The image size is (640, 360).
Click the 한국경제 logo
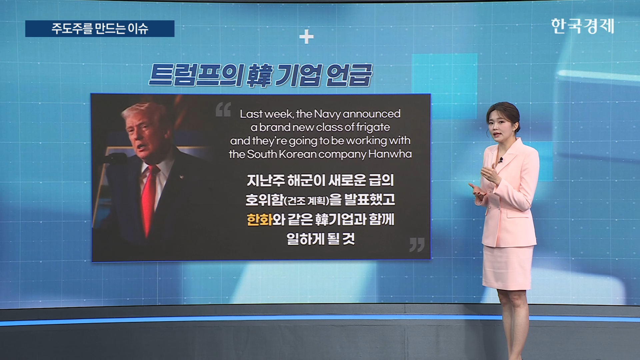pyautogui.click(x=582, y=26)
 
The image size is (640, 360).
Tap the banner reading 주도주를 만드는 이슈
pyautogui.click(x=100, y=29)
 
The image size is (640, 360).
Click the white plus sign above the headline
pyautogui.click(x=306, y=37)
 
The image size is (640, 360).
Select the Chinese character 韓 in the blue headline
pyautogui.click(x=260, y=75)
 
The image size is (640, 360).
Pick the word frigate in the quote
pyautogui.click(x=373, y=127)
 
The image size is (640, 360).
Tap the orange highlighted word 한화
pyautogui.click(x=259, y=220)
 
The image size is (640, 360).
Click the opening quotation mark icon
pyautogui.click(x=223, y=110)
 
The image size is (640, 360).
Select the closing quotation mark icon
pyautogui.click(x=417, y=245)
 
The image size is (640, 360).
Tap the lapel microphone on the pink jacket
pyautogui.click(x=500, y=160)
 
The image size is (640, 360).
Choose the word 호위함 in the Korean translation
pyautogui.click(x=264, y=200)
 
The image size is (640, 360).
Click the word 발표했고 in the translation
pyautogui.click(x=369, y=200)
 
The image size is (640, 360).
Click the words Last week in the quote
pyautogui.click(x=267, y=114)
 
